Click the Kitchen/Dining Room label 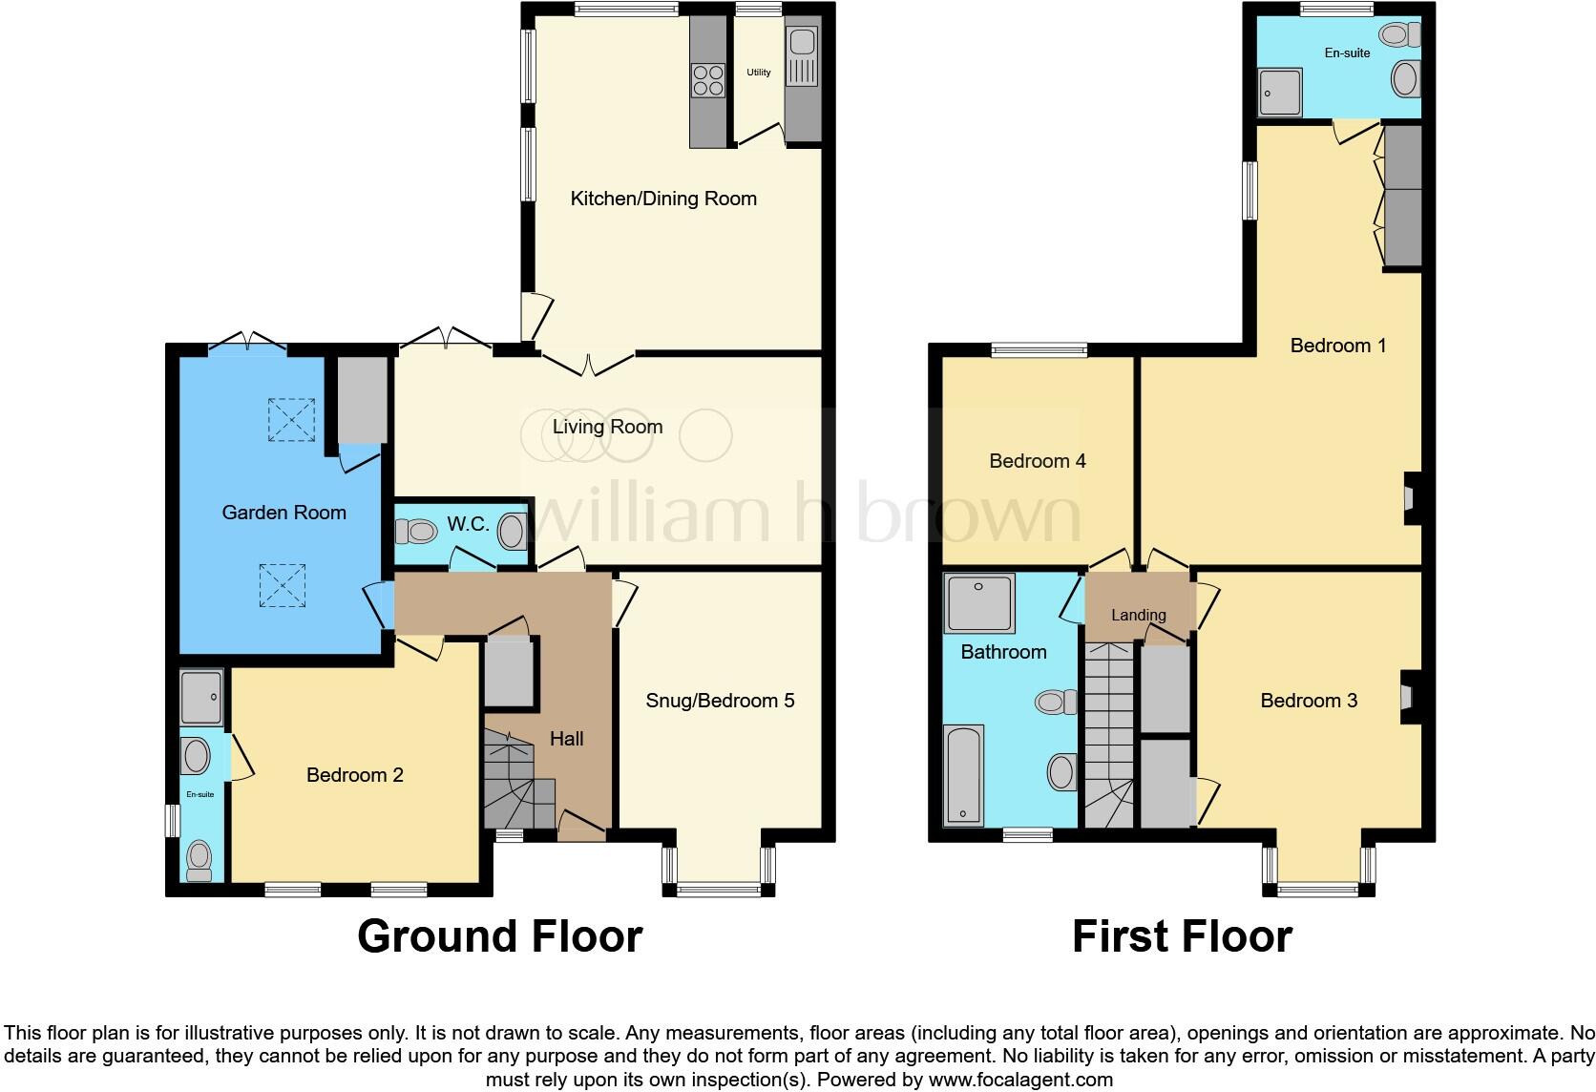coord(662,199)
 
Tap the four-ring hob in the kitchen coord(707,79)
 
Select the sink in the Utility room coord(800,43)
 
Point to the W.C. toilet coord(415,531)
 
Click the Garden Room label coord(283,513)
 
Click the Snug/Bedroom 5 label coord(720,701)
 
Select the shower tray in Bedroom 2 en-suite coord(201,696)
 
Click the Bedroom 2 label coord(354,775)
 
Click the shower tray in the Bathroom coord(979,603)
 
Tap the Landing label coord(1138,615)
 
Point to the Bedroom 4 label coord(1037,461)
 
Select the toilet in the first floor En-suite coord(1401,35)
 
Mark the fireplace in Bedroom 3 coord(1407,699)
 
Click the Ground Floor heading coord(499,936)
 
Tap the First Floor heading coord(1182,936)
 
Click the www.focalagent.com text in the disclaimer coord(1020,1081)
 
